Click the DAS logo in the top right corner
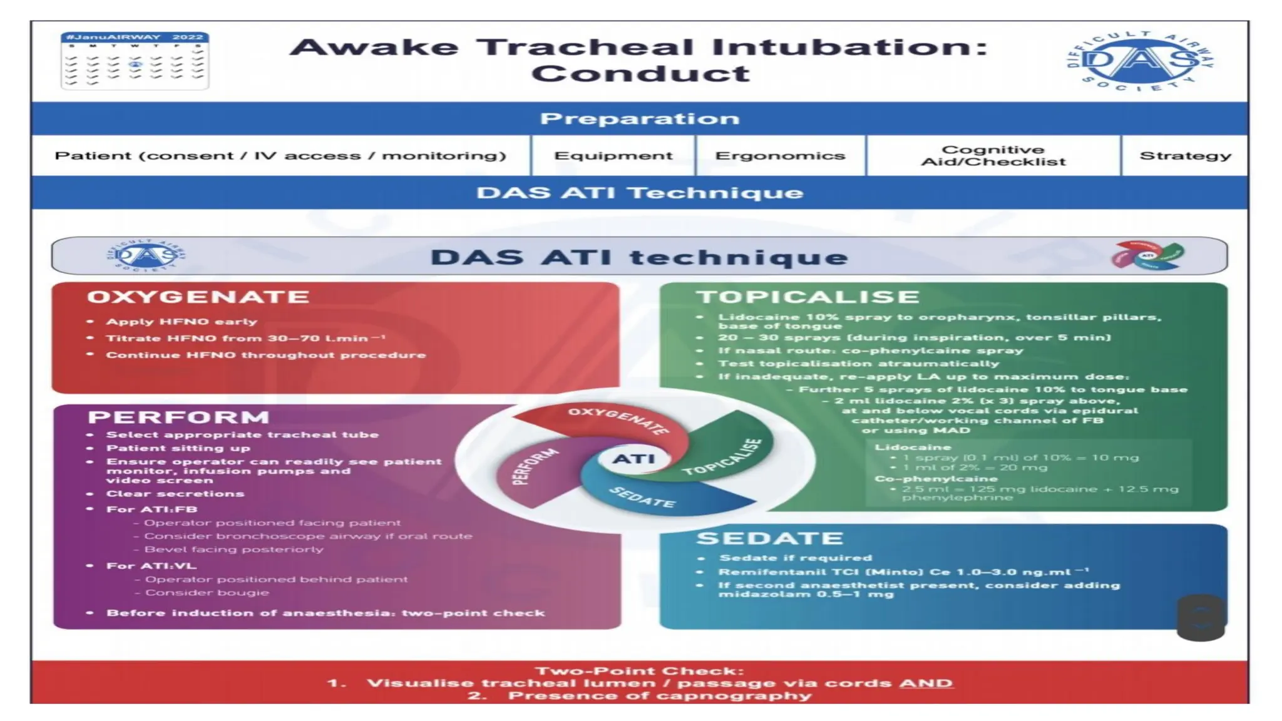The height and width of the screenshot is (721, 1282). coord(1140,61)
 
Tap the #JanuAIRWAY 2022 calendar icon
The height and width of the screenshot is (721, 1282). coord(135,61)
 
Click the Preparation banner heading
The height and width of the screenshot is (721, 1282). coord(640,118)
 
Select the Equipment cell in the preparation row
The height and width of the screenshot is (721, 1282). coord(613,156)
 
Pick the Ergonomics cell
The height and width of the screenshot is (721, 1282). coord(780,156)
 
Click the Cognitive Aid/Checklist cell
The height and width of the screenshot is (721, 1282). coord(993,156)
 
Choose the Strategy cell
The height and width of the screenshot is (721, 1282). coord(1185,156)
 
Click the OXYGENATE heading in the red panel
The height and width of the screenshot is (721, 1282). coord(198,297)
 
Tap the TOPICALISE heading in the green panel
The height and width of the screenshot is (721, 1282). coord(808,297)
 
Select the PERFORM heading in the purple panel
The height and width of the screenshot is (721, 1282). coord(178,417)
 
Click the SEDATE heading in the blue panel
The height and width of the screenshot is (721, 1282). coord(770,538)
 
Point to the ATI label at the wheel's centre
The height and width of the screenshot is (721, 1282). coord(633,459)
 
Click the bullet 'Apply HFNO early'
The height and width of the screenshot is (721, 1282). coord(182,322)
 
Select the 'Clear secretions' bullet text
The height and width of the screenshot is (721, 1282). coord(175,494)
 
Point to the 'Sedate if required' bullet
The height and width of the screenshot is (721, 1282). coord(795,558)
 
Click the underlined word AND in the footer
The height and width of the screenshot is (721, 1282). coord(926,683)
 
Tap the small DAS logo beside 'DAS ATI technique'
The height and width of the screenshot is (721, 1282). coord(146,255)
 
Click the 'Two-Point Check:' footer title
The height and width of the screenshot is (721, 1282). coord(639,671)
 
